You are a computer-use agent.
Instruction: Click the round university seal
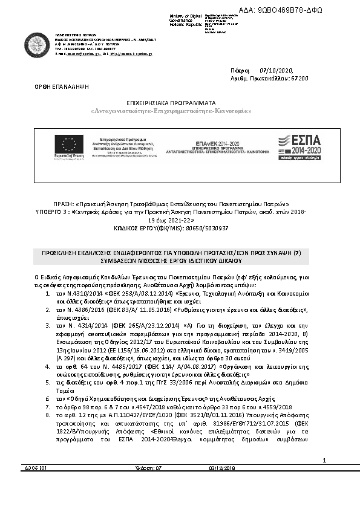37,44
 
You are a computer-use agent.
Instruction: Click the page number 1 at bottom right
324,461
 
